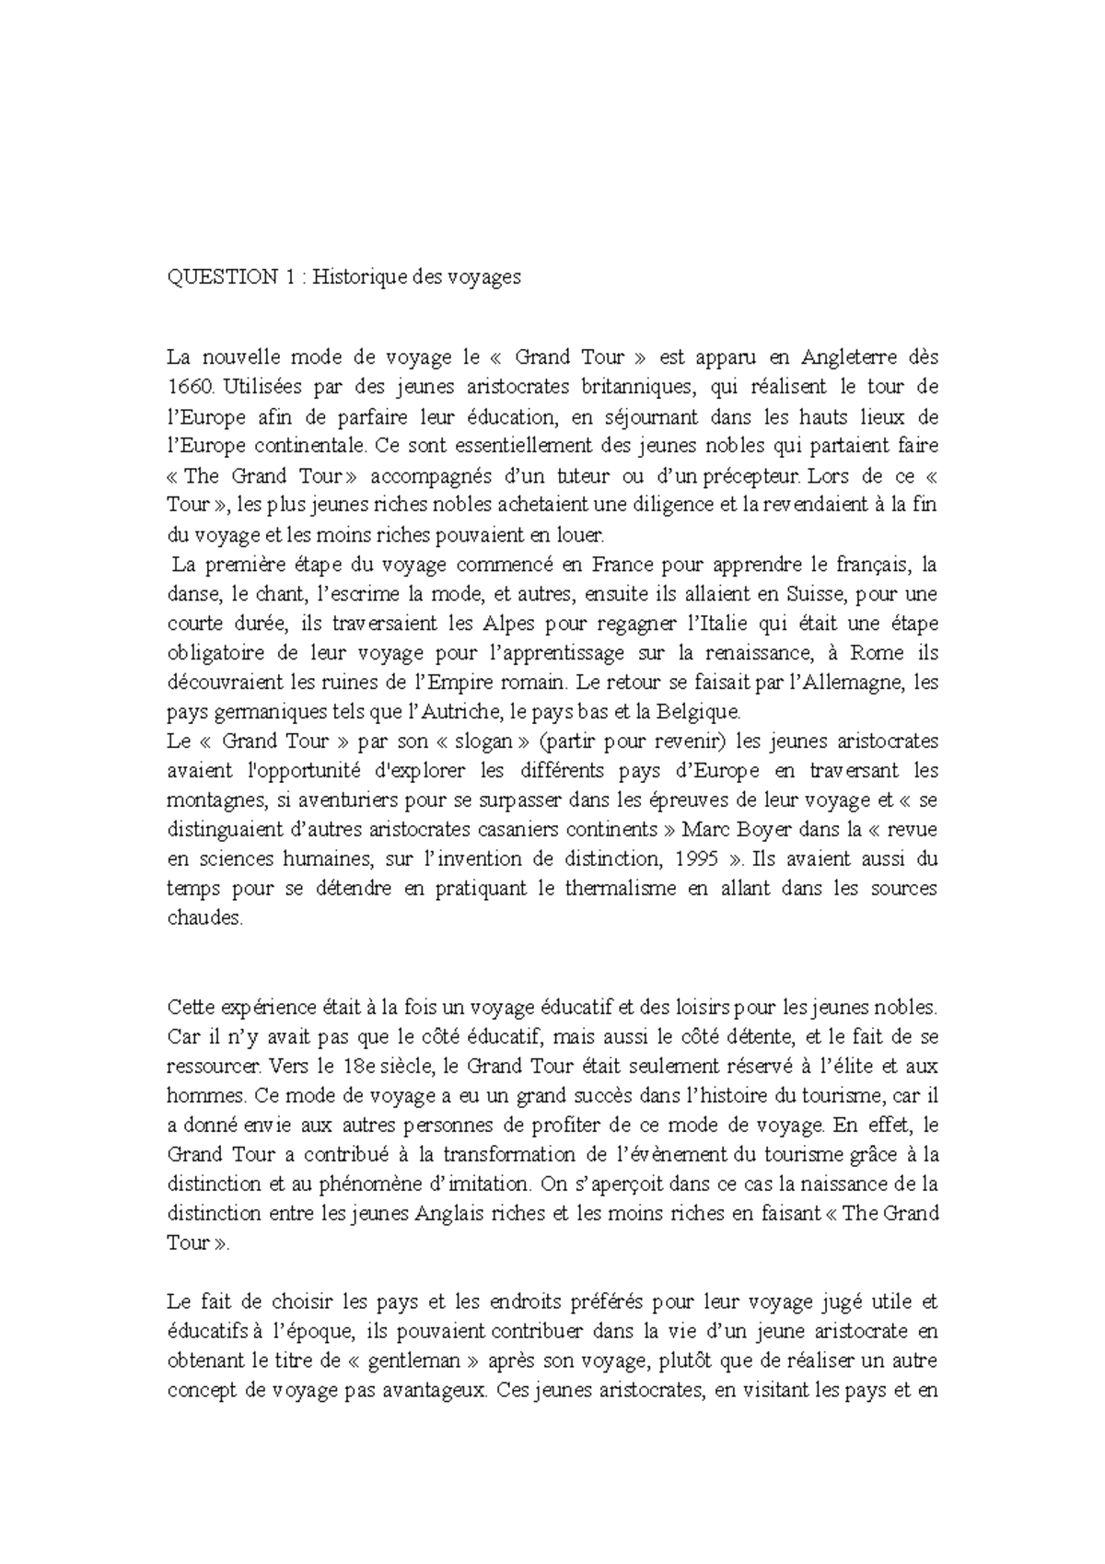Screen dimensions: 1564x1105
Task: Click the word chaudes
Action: click(205, 918)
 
